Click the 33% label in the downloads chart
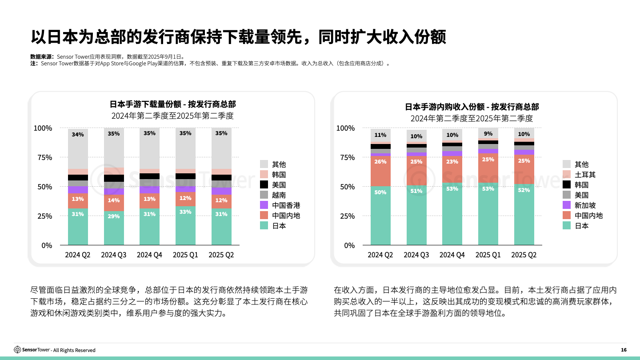click(x=185, y=212)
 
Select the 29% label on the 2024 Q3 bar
click(x=114, y=216)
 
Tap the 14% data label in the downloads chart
click(x=114, y=200)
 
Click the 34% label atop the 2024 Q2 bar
click(x=78, y=135)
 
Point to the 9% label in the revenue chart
click(x=488, y=134)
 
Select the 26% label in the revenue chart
click(x=380, y=162)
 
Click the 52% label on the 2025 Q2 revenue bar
click(x=524, y=190)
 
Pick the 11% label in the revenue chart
click(x=380, y=135)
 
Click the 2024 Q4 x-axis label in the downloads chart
click(x=149, y=255)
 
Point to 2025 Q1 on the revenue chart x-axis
click(x=488, y=255)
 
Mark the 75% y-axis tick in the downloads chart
click(x=43, y=157)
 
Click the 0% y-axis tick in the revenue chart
click(x=349, y=245)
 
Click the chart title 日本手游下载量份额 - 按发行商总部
click(x=173, y=104)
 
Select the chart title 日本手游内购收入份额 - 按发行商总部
click(x=472, y=107)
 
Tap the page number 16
click(x=624, y=350)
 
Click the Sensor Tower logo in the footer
click(x=32, y=350)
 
